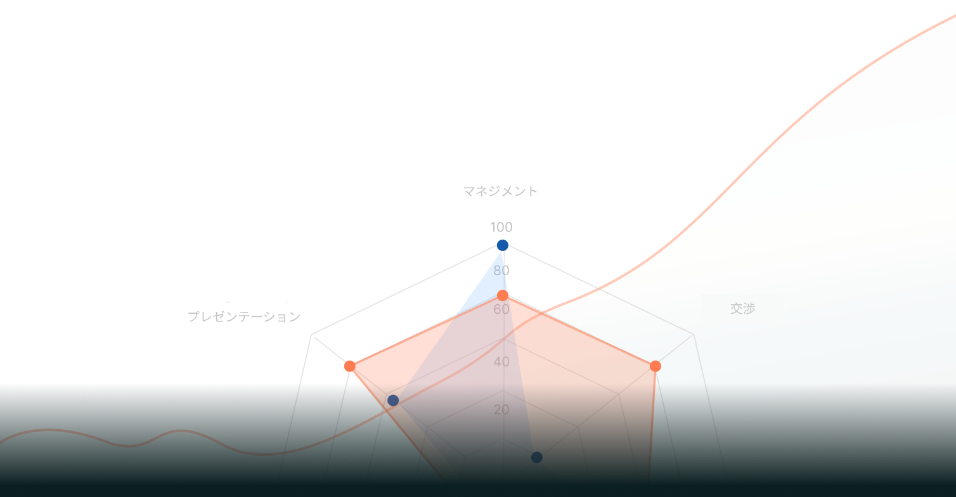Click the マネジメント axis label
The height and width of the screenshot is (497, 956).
pyautogui.click(x=500, y=191)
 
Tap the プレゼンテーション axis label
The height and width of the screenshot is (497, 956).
pyautogui.click(x=243, y=316)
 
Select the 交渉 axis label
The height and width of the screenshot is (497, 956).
pyautogui.click(x=742, y=309)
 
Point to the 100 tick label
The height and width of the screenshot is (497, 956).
pyautogui.click(x=501, y=227)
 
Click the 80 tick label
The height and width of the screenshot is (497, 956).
pyautogui.click(x=501, y=271)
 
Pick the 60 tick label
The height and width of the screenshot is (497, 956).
pyautogui.click(x=501, y=309)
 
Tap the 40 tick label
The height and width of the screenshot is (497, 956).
pyautogui.click(x=501, y=362)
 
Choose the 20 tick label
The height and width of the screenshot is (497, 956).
pyautogui.click(x=501, y=410)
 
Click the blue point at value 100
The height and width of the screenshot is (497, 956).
pyautogui.click(x=503, y=245)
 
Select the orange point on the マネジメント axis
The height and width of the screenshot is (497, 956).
pyautogui.click(x=502, y=295)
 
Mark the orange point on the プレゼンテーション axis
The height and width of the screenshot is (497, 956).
pyautogui.click(x=349, y=366)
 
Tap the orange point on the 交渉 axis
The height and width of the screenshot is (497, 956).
pyautogui.click(x=656, y=366)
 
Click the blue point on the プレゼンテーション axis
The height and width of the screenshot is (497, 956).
pyautogui.click(x=393, y=400)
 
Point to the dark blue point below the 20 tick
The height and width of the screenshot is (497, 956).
pyautogui.click(x=537, y=457)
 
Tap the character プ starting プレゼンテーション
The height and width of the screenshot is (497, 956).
pyautogui.click(x=193, y=316)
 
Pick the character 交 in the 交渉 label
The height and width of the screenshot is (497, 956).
pyautogui.click(x=736, y=309)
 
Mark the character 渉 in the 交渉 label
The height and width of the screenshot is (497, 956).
pyautogui.click(x=749, y=309)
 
